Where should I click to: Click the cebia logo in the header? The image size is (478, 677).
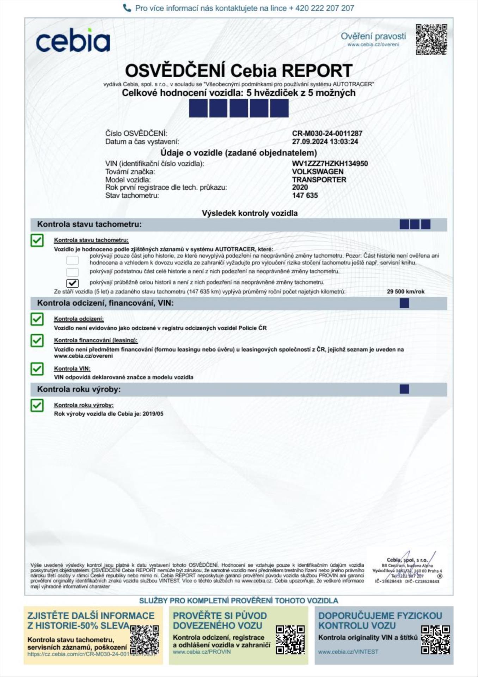pos(73,41)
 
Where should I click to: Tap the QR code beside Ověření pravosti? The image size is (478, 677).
pos(431,39)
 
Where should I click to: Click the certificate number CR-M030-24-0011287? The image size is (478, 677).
pos(327,134)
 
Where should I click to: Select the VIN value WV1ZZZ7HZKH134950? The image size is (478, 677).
pos(330,164)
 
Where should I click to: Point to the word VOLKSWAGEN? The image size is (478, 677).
pos(318,172)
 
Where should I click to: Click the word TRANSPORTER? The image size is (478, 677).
pos(319,179)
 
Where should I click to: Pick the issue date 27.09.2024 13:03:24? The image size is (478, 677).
pos(325,142)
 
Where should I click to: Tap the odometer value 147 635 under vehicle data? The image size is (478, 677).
pos(305,195)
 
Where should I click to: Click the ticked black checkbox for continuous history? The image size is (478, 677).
pos(73,283)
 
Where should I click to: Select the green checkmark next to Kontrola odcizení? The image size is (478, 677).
pos(37,319)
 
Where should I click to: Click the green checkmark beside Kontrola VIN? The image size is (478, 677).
pos(37,369)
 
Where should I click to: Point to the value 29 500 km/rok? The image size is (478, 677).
pos(405,292)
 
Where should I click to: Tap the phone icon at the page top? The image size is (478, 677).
pos(127,8)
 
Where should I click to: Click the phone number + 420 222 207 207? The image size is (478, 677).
pos(321,8)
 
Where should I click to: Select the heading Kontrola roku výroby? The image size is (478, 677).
pos(79,389)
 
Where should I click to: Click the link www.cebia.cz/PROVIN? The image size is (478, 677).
pos(202,652)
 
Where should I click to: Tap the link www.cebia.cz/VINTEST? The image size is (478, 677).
pos(348,652)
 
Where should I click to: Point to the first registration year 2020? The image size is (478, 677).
pos(300,188)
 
